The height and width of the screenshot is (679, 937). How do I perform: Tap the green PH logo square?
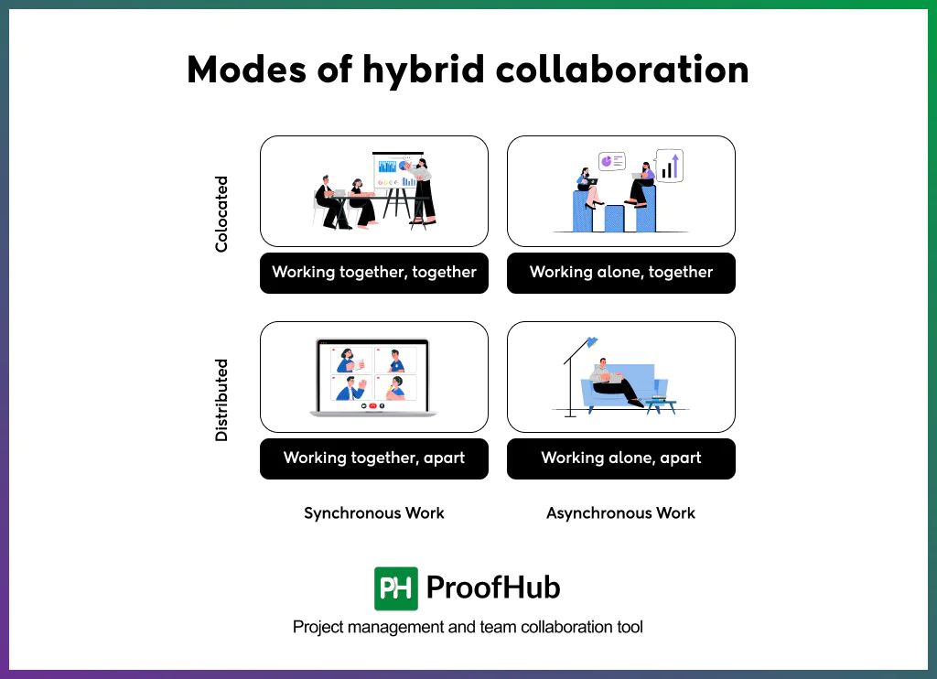(x=396, y=588)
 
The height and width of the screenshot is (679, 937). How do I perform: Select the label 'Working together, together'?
(x=374, y=273)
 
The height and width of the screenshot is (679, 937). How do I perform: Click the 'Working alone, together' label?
(x=621, y=273)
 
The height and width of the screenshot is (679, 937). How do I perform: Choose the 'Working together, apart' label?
(x=374, y=458)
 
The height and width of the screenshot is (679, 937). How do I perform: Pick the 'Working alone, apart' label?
(x=621, y=458)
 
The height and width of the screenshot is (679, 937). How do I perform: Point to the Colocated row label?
(x=221, y=214)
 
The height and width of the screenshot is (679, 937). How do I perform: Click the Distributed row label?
(x=221, y=400)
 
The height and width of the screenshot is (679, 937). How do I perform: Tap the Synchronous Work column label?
(x=374, y=513)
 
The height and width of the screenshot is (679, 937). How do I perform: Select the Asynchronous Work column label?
(x=621, y=513)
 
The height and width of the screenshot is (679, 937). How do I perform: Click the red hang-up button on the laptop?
(x=373, y=404)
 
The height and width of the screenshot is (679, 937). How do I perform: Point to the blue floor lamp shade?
(x=592, y=342)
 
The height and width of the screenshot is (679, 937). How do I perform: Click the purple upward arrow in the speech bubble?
(x=675, y=166)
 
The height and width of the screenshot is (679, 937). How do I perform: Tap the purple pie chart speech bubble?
(x=610, y=161)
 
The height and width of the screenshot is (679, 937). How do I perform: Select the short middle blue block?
(x=615, y=218)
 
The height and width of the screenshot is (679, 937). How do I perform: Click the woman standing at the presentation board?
(x=424, y=191)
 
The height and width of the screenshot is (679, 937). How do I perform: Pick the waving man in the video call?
(x=348, y=388)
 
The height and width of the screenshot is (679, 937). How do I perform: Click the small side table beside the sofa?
(x=661, y=404)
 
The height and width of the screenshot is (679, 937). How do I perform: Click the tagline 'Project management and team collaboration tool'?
(x=468, y=628)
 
